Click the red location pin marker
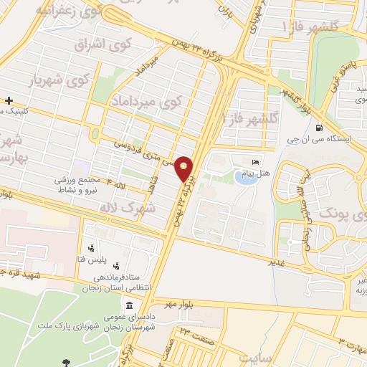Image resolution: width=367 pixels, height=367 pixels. pyautogui.click(x=184, y=168)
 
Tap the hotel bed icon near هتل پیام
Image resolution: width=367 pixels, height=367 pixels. pyautogui.click(x=257, y=160)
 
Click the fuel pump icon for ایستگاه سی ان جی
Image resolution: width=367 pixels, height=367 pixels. pyautogui.click(x=318, y=128)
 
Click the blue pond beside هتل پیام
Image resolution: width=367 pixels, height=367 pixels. pyautogui.click(x=245, y=178)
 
